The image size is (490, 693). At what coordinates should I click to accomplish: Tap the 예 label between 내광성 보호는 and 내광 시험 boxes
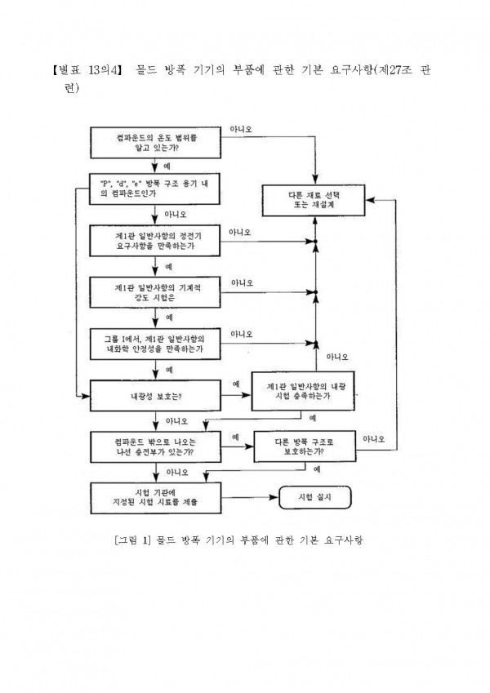[236, 384]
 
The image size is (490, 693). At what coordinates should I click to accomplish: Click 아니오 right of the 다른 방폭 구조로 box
[374, 438]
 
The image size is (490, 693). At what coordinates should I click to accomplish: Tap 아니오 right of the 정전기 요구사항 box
[242, 233]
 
